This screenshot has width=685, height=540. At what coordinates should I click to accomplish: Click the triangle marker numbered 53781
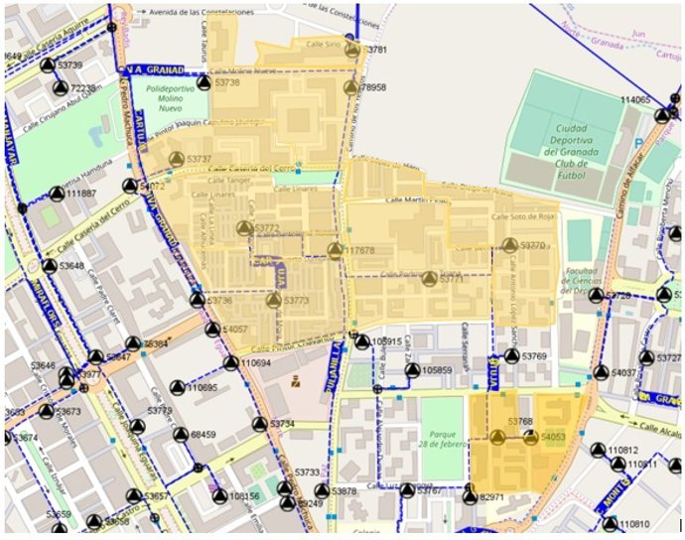pos(351,50)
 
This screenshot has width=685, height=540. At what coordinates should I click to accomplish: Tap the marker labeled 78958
pos(350,88)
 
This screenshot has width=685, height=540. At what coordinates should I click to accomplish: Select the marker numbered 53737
pos(177,160)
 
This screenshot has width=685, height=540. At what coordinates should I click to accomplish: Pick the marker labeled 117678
pos(336,251)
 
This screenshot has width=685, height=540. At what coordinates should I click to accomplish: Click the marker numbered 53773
pos(273,300)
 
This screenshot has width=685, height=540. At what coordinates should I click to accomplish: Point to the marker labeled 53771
pos(428,279)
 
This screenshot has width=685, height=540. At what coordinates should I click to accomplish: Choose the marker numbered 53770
pos(509,245)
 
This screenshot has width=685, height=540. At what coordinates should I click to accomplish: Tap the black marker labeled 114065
pos(662,115)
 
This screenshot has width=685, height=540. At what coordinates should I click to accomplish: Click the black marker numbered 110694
pos(230,363)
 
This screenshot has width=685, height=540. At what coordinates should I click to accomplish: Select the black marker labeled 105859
pos(412,370)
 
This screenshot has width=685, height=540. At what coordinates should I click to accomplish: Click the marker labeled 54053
pos(530,437)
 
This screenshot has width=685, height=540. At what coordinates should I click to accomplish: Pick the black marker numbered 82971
pos(470,496)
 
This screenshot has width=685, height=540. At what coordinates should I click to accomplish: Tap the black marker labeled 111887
pos(57,194)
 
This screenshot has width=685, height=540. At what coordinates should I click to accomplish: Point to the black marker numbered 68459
pos(180,435)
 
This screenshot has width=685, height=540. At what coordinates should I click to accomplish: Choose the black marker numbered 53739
pos(48,66)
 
